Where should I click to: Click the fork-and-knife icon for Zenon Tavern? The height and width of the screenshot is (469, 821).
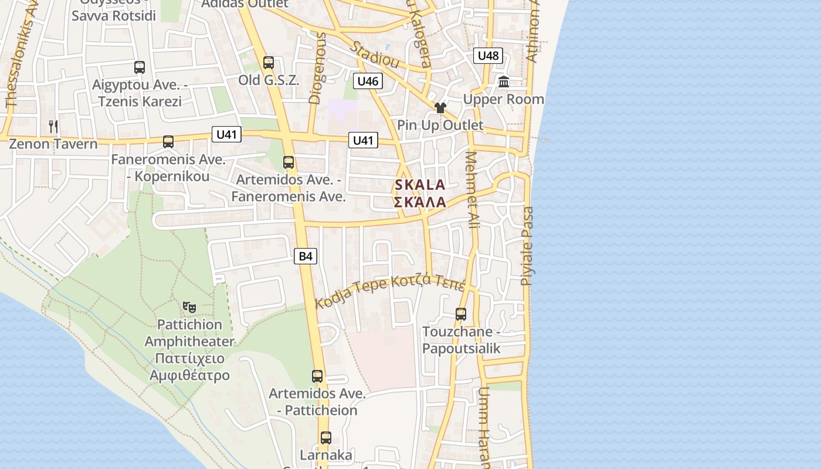click(53, 126)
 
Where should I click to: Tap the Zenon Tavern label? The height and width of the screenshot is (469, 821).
click(53, 144)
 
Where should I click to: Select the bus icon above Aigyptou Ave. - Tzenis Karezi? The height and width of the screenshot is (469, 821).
click(139, 67)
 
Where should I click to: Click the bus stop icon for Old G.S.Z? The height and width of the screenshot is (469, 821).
click(269, 63)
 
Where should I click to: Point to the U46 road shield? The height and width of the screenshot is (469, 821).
click(368, 81)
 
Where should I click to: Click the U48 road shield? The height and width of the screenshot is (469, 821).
click(488, 56)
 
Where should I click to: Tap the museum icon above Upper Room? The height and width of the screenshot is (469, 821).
click(504, 82)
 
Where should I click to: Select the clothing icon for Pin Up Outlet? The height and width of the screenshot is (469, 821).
click(440, 108)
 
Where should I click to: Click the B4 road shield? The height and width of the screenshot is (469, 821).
click(306, 256)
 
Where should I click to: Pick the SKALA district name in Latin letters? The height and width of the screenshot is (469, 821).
click(420, 185)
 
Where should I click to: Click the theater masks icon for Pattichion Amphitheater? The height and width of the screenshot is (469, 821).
click(189, 307)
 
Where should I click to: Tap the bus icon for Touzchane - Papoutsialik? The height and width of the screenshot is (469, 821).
click(461, 314)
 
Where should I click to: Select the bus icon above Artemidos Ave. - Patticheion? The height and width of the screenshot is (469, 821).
click(317, 376)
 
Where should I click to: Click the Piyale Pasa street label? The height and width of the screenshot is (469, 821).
click(528, 246)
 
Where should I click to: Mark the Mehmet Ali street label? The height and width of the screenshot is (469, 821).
click(471, 191)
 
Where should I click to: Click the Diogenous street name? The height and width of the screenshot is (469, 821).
click(317, 69)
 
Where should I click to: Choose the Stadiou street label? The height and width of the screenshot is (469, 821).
click(375, 55)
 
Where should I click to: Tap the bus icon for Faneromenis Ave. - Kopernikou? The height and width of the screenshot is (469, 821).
click(168, 141)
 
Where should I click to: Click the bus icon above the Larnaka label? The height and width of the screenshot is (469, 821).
click(326, 438)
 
